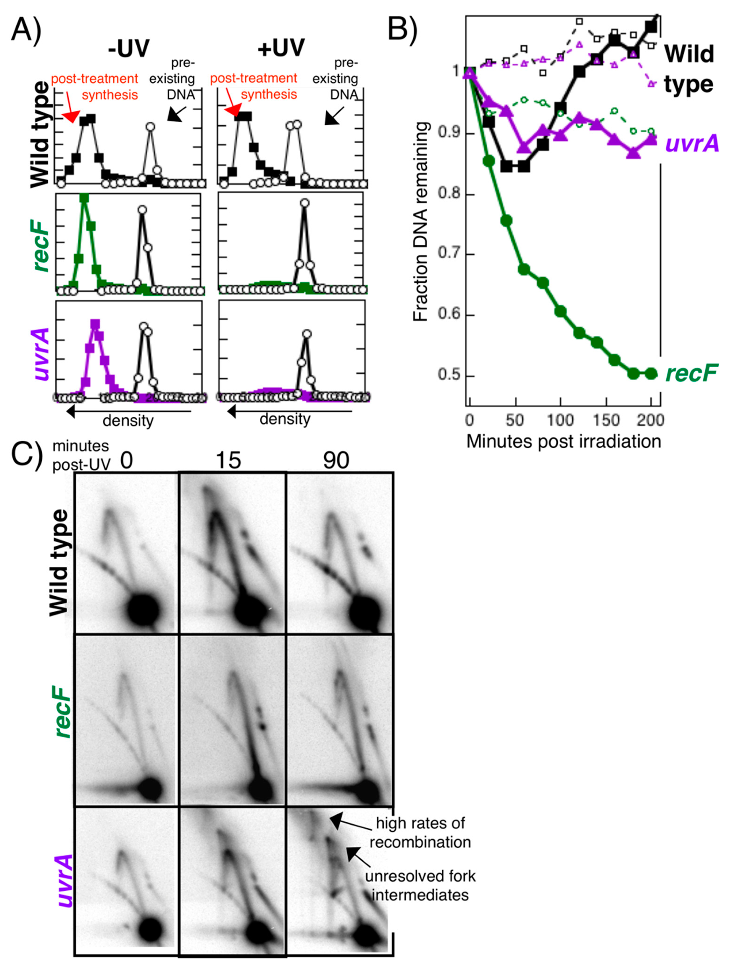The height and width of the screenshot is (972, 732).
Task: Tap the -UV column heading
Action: [x=128, y=48]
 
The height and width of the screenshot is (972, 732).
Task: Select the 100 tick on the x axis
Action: [x=560, y=420]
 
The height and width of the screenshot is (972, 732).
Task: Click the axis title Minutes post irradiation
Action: [x=564, y=441]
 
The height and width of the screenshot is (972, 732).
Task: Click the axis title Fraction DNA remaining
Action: [x=421, y=222]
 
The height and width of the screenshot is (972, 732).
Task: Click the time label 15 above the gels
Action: [x=228, y=461]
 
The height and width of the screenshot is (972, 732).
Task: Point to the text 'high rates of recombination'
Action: [x=420, y=833]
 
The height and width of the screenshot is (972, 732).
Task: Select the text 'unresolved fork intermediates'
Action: [x=420, y=885]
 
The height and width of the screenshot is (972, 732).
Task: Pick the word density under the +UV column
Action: [x=285, y=419]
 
